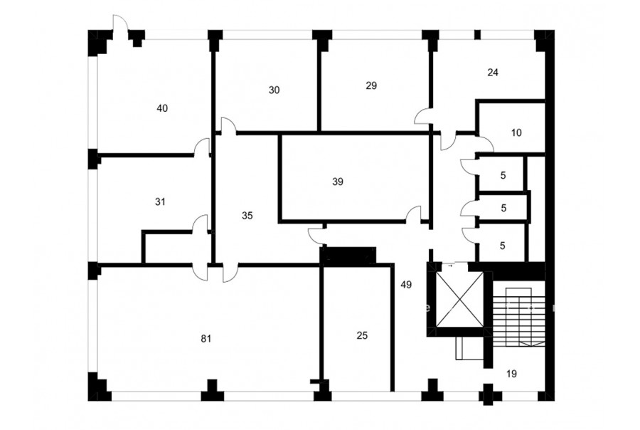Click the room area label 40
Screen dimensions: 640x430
coord(162,108)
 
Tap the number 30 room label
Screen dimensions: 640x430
coord(274,90)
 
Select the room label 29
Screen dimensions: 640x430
coord(371,85)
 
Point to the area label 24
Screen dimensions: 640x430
coord(493,73)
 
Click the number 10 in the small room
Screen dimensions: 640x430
coord(516,132)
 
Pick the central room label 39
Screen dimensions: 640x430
coord(338,182)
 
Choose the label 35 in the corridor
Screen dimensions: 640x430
coord(247,216)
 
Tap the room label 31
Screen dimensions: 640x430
coord(161,201)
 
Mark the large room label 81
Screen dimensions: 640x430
coord(206,338)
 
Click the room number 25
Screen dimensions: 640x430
coord(362,335)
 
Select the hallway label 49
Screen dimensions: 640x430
coord(406,285)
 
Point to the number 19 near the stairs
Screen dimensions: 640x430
coord(511,373)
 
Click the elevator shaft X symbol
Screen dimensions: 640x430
coord(459,300)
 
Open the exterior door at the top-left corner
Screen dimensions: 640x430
coord(120,23)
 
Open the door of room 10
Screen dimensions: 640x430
coord(486,144)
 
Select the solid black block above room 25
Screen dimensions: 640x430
coord(348,255)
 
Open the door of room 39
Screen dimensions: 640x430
coord(413,214)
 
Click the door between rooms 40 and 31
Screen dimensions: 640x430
coord(202,147)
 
